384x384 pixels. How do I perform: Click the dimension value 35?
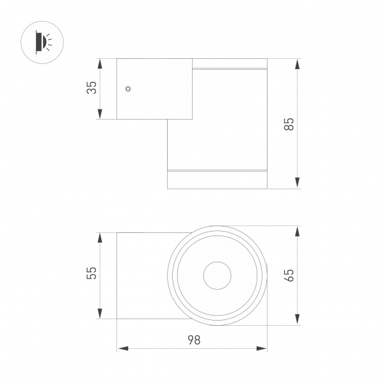(92, 88)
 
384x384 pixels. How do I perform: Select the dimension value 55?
(92, 273)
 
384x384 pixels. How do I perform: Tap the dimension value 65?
(289, 276)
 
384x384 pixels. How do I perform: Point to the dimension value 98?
(193, 340)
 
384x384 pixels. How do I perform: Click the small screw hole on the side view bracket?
(128, 88)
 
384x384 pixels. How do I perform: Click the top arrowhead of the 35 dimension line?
(100, 63)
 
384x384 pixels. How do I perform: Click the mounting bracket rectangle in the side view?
(154, 89)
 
